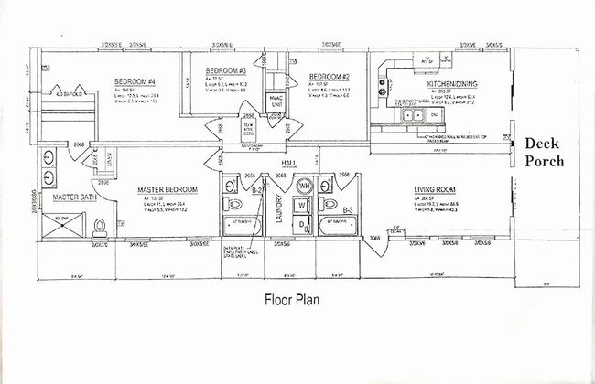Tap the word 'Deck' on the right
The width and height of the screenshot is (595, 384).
point(542,144)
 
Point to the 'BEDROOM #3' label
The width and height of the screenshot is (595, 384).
point(226,71)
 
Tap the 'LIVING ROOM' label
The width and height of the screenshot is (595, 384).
point(436,188)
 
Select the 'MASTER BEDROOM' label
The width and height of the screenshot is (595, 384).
point(169,190)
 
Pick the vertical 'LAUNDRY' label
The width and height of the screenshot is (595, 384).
point(276,208)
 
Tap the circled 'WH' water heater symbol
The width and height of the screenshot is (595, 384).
point(303,187)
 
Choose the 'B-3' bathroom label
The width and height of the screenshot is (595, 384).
point(348,209)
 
